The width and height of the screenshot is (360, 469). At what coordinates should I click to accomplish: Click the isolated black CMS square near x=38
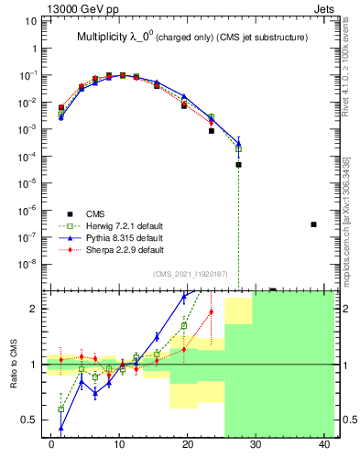click(313, 224)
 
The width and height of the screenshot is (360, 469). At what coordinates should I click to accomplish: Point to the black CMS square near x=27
click(238, 165)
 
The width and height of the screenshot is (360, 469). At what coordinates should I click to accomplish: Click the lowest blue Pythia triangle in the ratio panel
click(61, 428)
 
